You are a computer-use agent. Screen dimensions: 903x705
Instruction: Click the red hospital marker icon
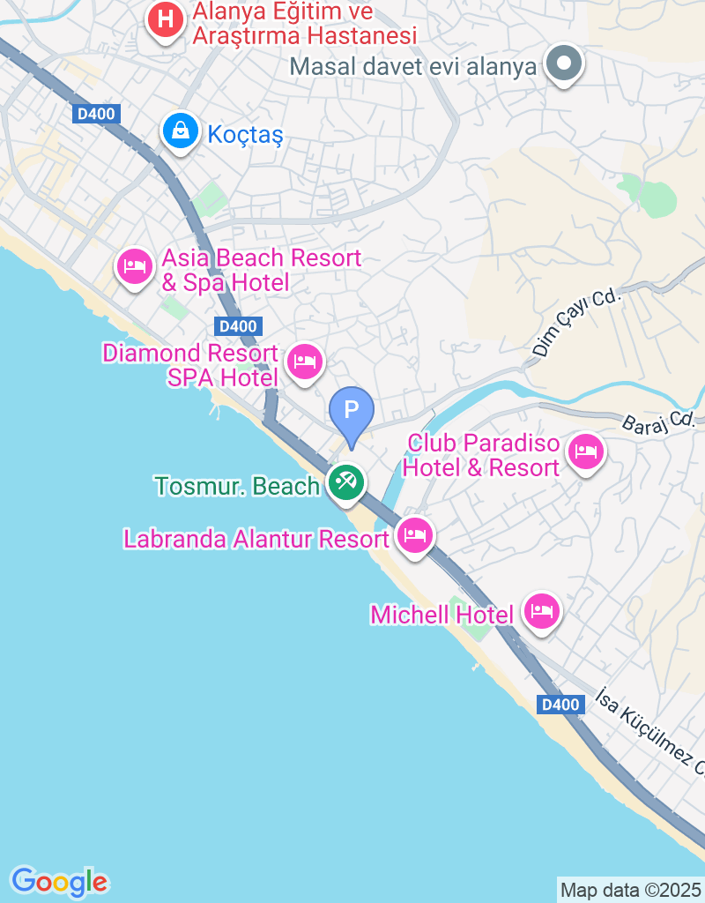165,19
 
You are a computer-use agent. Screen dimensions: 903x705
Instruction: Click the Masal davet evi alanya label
413,66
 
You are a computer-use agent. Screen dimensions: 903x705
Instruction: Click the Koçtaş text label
246,135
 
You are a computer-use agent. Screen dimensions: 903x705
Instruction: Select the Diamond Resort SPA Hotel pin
305,361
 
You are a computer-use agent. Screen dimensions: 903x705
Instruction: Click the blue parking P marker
352,411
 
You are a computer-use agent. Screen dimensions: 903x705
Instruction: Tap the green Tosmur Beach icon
347,482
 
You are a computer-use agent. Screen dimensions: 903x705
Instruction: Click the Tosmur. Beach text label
237,486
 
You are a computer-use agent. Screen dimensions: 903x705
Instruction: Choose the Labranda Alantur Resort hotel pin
415,534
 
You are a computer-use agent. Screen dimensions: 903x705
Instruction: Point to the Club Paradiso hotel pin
586,452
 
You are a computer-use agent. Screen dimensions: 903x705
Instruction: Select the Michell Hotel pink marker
541,610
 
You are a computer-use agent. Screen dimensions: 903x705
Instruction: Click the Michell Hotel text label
442,614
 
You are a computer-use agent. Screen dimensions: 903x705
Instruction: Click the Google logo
59,881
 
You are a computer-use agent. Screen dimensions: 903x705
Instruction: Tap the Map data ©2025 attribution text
631,889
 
